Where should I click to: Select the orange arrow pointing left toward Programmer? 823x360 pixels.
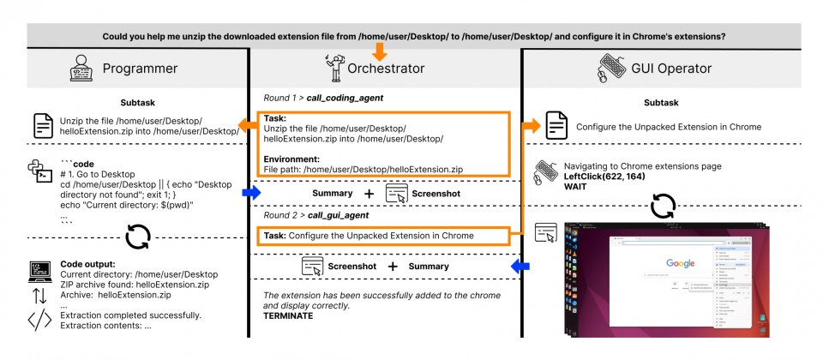tap(249, 127)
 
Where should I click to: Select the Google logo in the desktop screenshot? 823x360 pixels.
tap(680, 263)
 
